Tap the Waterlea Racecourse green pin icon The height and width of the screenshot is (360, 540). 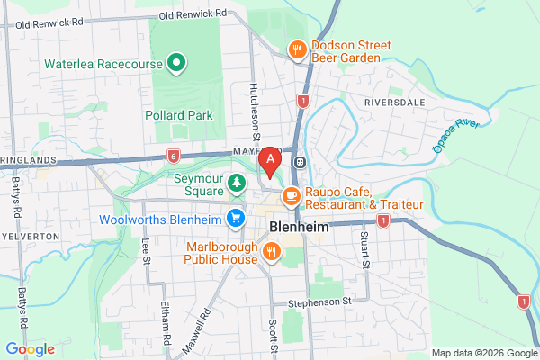tap(177, 64)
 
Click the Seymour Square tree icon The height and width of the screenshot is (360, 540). tap(237, 184)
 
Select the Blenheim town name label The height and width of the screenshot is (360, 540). tap(296, 227)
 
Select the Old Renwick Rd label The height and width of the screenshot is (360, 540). tap(193, 15)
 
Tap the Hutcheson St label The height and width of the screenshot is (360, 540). tap(256, 112)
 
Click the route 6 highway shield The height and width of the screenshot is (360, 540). tap(172, 155)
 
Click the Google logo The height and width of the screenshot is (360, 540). tap(30, 348)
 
